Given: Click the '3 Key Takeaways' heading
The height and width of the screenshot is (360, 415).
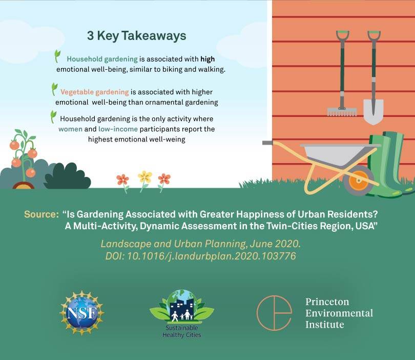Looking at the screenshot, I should (136, 36).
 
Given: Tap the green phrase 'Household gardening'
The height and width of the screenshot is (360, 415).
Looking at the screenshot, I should (102, 59).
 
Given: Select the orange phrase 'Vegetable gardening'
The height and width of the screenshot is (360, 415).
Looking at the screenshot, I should (94, 92).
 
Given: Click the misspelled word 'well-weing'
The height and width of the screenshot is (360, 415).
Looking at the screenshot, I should (167, 139).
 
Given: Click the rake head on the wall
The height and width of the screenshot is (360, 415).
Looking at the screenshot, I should (342, 111).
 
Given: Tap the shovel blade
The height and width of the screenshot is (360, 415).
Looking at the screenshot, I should (373, 111).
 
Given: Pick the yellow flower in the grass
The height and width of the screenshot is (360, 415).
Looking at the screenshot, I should (145, 177).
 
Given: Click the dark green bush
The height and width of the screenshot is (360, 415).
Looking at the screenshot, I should (67, 176).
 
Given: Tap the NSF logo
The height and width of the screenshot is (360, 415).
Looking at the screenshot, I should (81, 312).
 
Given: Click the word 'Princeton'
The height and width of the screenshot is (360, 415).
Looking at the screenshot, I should (327, 302).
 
